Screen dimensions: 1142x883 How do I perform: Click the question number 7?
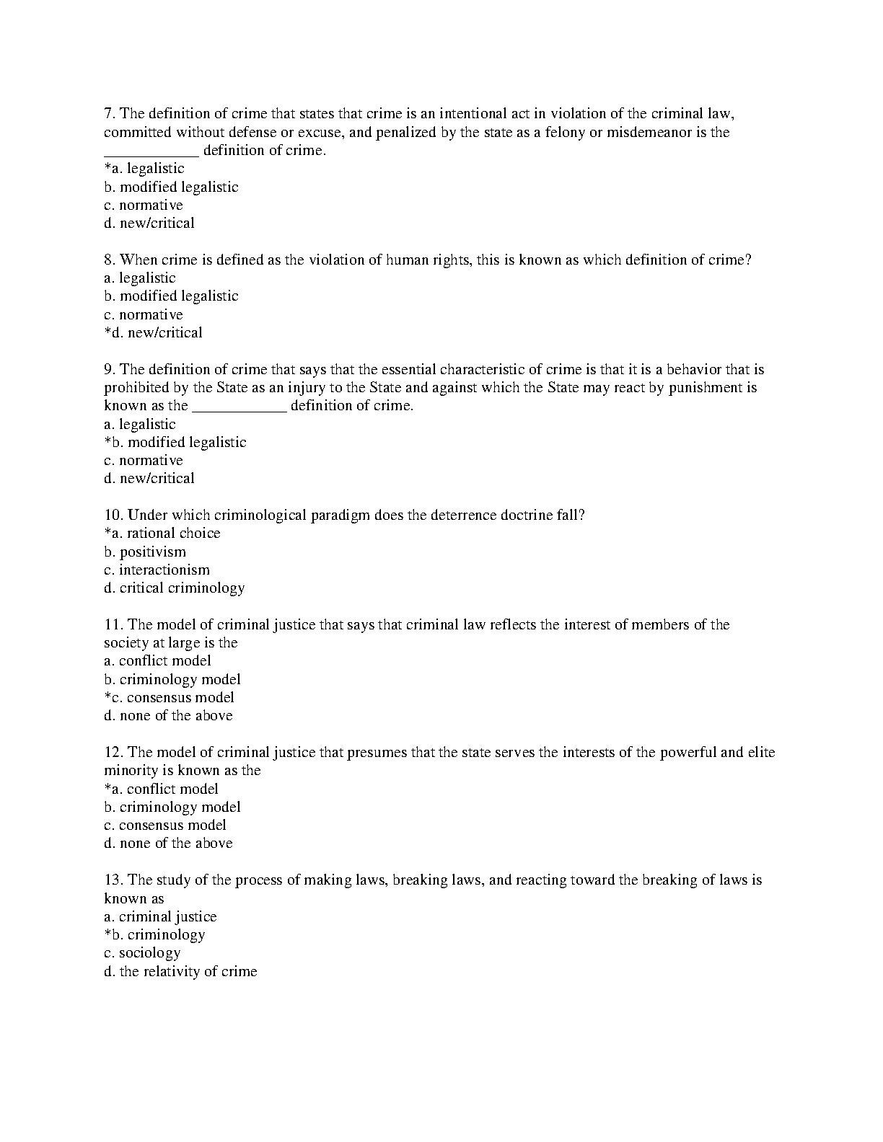[x=110, y=114]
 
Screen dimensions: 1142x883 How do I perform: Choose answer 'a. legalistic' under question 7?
[x=144, y=169]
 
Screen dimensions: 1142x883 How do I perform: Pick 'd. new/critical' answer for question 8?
[x=153, y=333]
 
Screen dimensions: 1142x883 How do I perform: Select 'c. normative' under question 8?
[x=144, y=315]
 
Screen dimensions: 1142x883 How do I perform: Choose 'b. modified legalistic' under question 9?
[x=175, y=443]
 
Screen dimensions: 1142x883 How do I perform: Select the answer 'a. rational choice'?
[x=162, y=534]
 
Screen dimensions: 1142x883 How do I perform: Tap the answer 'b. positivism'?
[x=145, y=552]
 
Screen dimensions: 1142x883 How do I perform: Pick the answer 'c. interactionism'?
[x=157, y=570]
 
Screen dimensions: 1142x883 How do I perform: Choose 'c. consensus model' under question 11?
[x=170, y=698]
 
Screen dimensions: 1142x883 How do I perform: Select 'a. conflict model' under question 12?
[x=161, y=789]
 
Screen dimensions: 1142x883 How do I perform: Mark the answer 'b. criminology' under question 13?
[x=155, y=935]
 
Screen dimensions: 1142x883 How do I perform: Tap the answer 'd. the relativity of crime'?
[x=180, y=972]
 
